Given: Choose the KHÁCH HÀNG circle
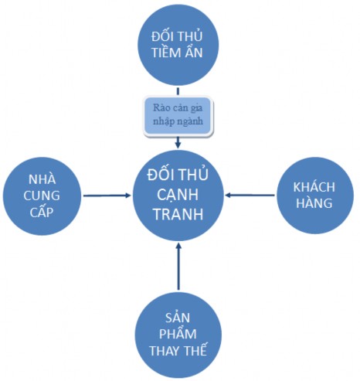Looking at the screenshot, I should point(313,195).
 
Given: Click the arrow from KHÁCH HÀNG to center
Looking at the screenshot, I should point(253,195).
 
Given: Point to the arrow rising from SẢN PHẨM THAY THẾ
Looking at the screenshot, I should point(178,267).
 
